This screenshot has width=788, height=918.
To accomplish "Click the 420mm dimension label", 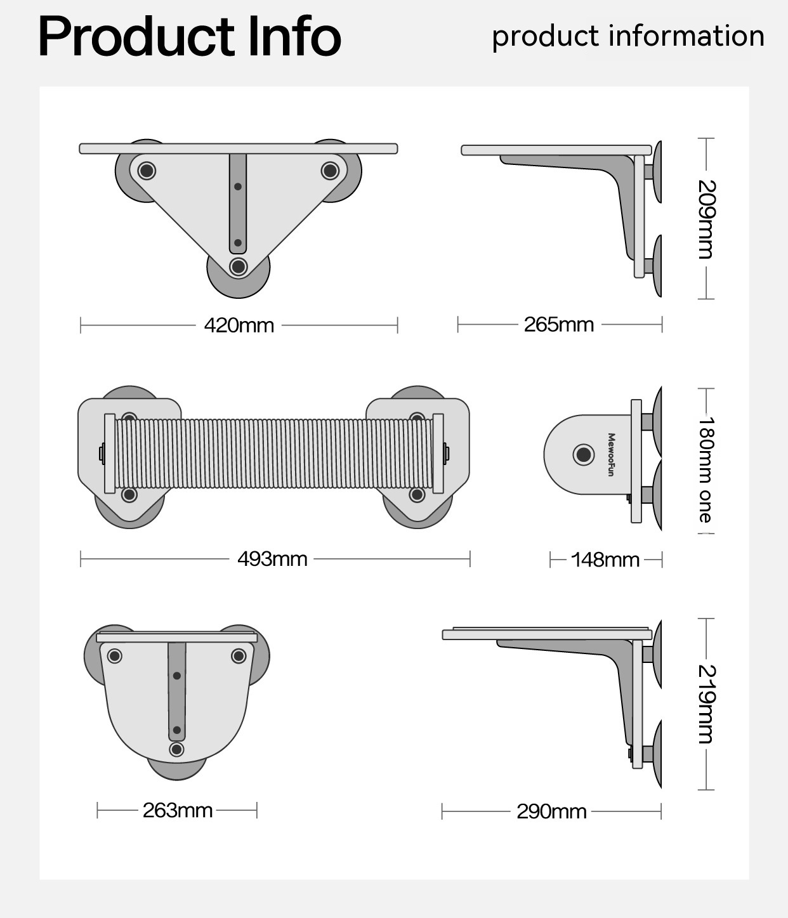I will pos(239,325).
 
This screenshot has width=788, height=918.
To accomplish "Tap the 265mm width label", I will pos(559,325).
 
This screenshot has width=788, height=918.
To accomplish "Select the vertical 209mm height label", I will pos(706,220).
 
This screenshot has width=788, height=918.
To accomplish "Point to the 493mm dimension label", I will pos(272,559).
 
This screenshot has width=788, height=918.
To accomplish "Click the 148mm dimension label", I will pos(605,560).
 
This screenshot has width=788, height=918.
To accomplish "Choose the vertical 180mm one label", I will pos(706,469).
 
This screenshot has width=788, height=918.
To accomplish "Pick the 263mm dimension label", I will pos(178,810).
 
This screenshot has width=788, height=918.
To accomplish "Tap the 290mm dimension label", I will pos(551,811).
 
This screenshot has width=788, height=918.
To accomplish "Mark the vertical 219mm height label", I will pos(706,704).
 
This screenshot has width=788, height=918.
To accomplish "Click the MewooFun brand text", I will pos(611,455).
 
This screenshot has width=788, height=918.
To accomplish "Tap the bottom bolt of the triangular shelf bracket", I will pos(239,266).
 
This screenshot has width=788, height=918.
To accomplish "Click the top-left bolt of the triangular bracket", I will pos(147,171).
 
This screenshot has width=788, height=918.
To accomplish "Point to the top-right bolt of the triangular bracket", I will pos(330,170).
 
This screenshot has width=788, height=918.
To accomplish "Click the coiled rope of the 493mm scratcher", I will pos(273,454).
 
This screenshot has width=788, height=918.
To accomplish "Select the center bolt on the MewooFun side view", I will pos(583,454).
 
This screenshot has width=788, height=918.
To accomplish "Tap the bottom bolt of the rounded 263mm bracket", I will pos(177,749).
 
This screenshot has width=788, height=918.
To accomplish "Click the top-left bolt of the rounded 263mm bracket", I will pos(115,655).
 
